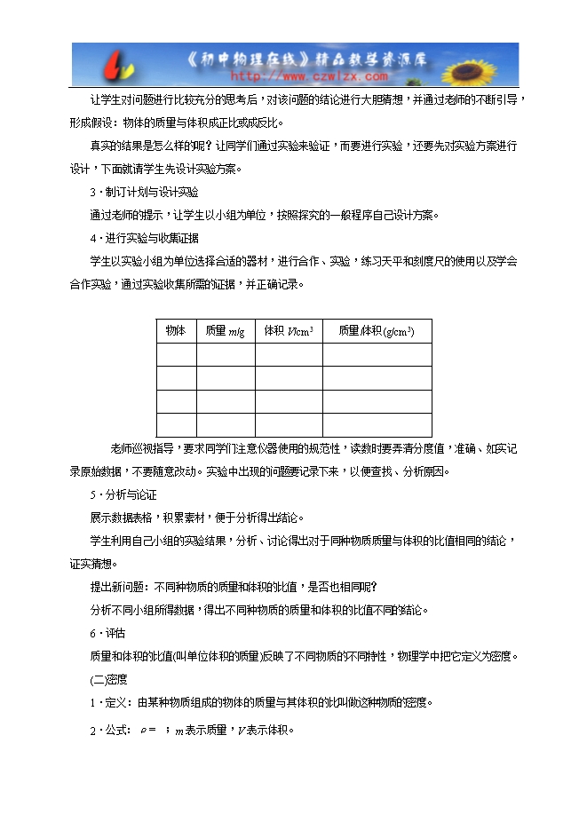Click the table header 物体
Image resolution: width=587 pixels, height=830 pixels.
pos(176,331)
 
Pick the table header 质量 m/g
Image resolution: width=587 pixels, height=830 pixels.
pos(225,331)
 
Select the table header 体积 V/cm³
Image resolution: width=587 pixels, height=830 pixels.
pos(289,331)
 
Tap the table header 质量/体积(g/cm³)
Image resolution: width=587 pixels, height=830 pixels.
pos(377,331)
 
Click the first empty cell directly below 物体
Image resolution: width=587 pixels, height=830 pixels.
pos(176,355)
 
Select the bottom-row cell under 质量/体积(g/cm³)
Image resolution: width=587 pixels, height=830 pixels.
pos(377,424)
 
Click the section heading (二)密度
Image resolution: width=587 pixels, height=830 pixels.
pos(109,680)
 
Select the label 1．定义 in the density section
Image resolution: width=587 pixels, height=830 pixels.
pos(107,703)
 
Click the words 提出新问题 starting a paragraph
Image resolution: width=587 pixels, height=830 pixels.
pos(120,588)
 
